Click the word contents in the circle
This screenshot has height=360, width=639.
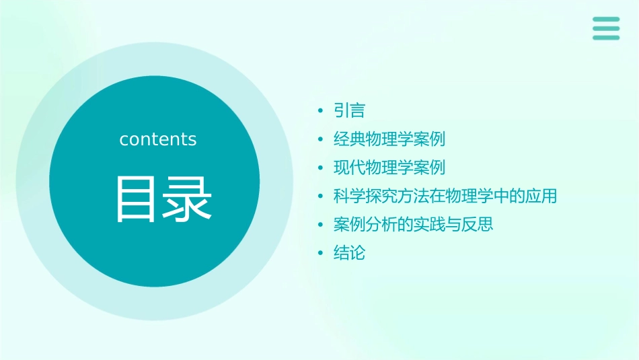pyautogui.click(x=158, y=139)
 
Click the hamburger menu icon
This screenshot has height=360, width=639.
pyautogui.click(x=605, y=28)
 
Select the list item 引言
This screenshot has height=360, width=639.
pyautogui.click(x=349, y=110)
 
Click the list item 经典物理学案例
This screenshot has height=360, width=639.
pyautogui.click(x=389, y=139)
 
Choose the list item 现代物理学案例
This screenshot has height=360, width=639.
pyautogui.click(x=389, y=168)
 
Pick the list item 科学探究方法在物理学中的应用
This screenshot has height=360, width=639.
pyautogui.click(x=445, y=196)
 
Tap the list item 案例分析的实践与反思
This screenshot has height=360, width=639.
pyautogui.click(x=413, y=224)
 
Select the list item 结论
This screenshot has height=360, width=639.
pyautogui.click(x=349, y=253)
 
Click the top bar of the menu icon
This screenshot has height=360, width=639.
pyautogui.click(x=605, y=20)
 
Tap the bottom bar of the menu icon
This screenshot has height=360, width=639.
pyautogui.click(x=605, y=38)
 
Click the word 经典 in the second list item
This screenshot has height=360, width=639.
pyautogui.click(x=350, y=139)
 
